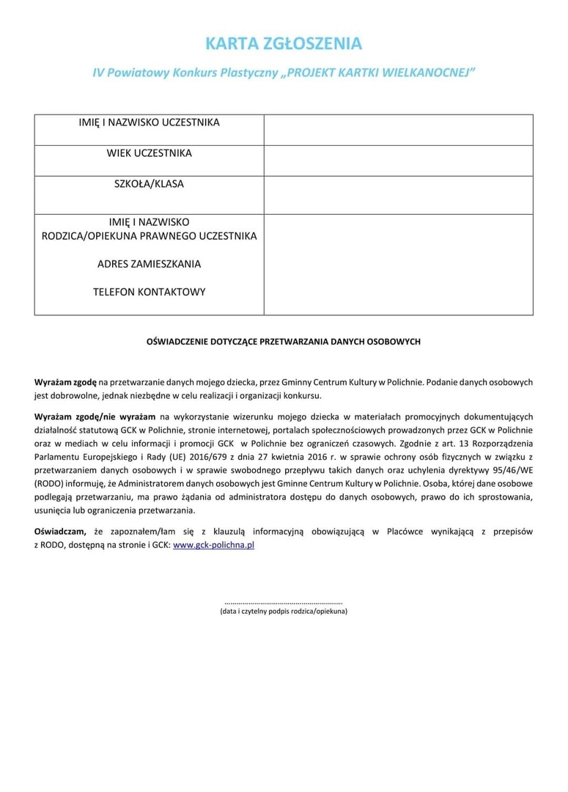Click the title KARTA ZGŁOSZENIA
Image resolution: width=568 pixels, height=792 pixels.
(283, 44)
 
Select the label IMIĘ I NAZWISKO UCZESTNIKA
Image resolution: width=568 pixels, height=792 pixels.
(150, 122)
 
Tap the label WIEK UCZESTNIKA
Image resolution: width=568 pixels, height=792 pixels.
(150, 153)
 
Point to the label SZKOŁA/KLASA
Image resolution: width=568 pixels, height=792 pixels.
(150, 184)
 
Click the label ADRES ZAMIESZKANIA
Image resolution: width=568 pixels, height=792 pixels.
(150, 263)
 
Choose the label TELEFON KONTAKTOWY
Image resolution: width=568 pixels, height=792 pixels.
(150, 292)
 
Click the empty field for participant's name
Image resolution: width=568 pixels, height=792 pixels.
(398, 130)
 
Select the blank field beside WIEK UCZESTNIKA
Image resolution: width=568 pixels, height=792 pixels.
(398, 161)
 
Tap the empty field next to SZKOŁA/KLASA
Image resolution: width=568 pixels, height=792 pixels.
(398, 195)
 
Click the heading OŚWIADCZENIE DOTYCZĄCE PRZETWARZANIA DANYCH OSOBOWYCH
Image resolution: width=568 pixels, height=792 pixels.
(284, 341)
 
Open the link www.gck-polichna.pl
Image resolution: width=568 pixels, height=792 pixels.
(213, 546)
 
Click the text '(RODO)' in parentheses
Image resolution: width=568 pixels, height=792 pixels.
(49, 484)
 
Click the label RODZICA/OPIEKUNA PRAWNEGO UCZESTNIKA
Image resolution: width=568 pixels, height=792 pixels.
(150, 236)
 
